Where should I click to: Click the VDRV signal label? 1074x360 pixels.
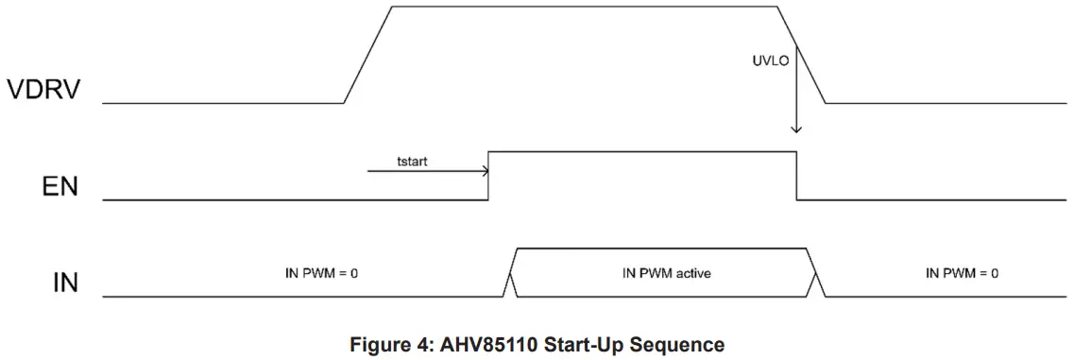[43, 91]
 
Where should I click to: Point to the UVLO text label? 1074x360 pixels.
[760, 60]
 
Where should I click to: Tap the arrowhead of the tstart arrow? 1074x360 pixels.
[485, 172]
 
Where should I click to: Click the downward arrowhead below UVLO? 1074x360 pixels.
[796, 128]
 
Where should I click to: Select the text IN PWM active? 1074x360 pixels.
[665, 273]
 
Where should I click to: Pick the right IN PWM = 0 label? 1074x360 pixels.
[962, 273]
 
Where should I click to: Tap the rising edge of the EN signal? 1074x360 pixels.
[489, 175]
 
